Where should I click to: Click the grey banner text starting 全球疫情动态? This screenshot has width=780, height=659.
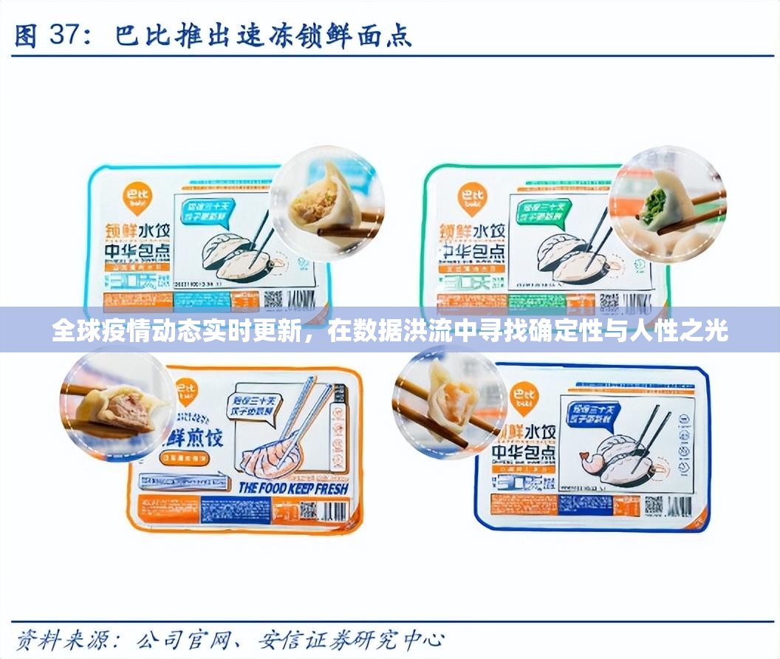click(x=390, y=330)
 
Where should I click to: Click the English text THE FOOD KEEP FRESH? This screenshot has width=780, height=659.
click(x=293, y=488)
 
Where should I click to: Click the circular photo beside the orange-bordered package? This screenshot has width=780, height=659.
click(x=117, y=405)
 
